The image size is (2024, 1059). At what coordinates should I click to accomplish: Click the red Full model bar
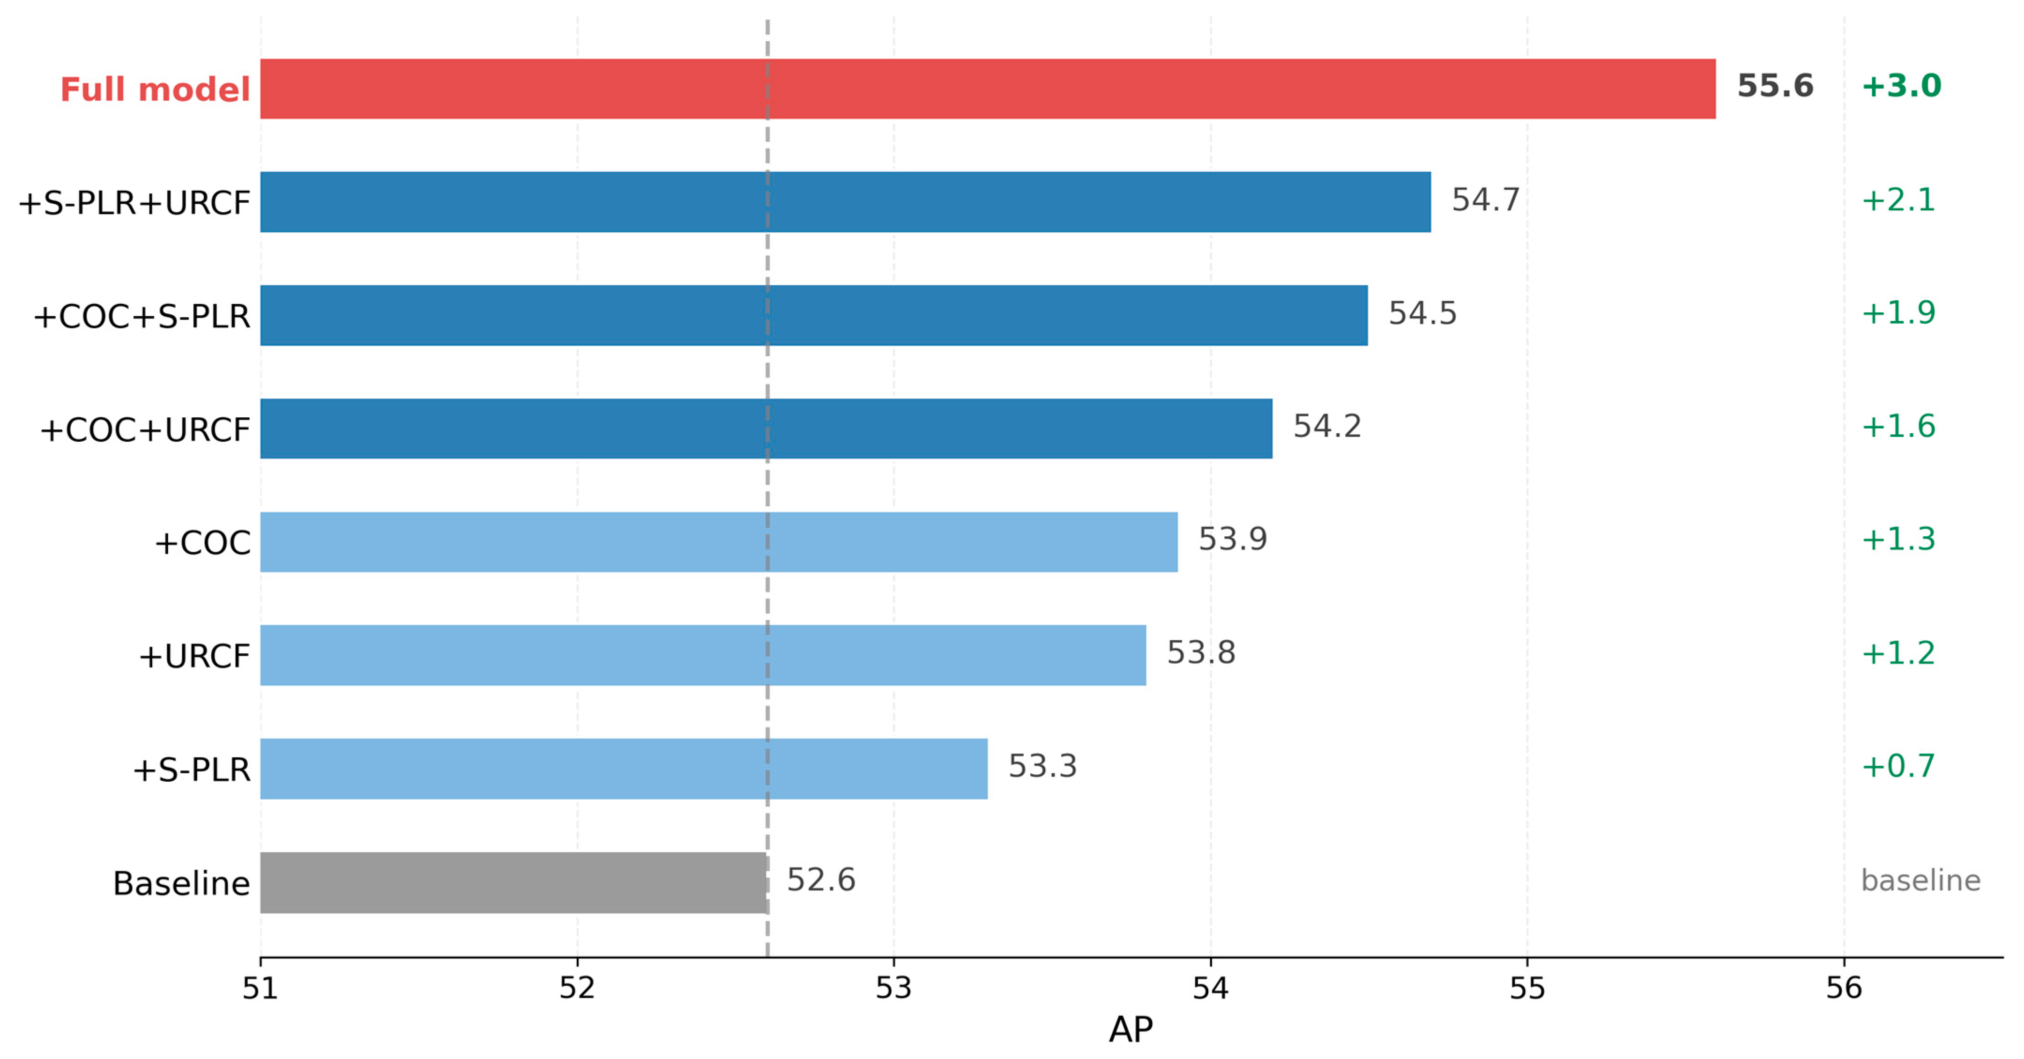pyautogui.click(x=988, y=89)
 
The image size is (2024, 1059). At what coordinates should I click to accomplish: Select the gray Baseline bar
pyautogui.click(x=514, y=882)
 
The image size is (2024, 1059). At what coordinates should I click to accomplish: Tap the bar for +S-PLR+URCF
pyautogui.click(x=845, y=202)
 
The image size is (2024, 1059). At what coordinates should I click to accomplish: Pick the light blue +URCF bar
pyautogui.click(x=703, y=655)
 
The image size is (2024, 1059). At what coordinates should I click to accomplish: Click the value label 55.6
pyautogui.click(x=1775, y=86)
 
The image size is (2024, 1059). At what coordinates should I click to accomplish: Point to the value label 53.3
pyautogui.click(x=1042, y=766)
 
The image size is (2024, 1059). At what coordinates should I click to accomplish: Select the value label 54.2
pyautogui.click(x=1327, y=427)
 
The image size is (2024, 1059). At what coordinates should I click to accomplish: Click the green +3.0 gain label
pyautogui.click(x=1901, y=86)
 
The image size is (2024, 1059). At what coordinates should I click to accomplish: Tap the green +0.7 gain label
pyautogui.click(x=1897, y=766)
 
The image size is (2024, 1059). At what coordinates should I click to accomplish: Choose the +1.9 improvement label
pyautogui.click(x=1897, y=313)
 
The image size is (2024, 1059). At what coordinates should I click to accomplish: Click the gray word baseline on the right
pyautogui.click(x=1920, y=880)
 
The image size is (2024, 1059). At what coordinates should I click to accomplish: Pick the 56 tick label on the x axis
pyautogui.click(x=1843, y=987)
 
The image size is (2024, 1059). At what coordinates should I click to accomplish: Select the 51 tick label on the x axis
pyautogui.click(x=260, y=987)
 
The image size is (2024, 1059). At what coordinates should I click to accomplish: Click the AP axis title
pyautogui.click(x=1131, y=1029)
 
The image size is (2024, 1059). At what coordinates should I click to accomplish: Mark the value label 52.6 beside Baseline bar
pyautogui.click(x=821, y=880)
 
